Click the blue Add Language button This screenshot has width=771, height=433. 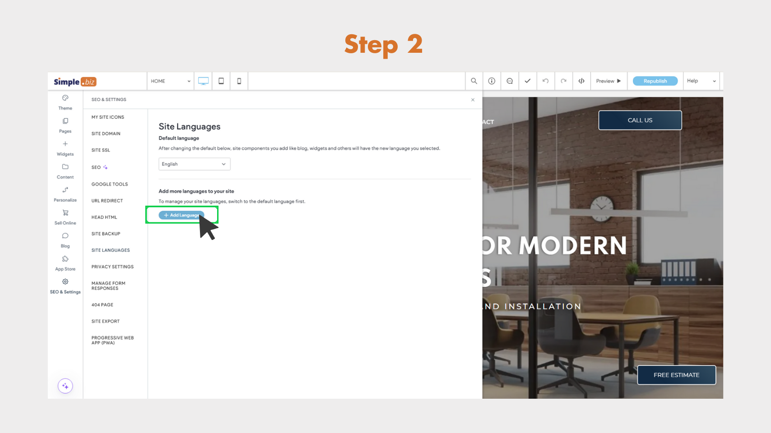tap(181, 215)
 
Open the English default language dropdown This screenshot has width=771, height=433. tap(194, 164)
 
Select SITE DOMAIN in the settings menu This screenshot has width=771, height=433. tap(106, 134)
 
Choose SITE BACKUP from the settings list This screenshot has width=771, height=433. tap(106, 234)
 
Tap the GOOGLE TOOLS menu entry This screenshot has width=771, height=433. tap(109, 184)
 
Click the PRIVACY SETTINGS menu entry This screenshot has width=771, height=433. tap(112, 267)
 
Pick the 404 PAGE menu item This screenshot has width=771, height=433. tap(102, 305)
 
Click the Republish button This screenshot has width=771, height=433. tap(655, 81)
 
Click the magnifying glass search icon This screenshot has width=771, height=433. tap(474, 81)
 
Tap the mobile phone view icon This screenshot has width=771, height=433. tap(239, 81)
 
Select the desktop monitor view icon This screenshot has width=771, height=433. tap(203, 81)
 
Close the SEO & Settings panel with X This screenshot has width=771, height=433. tap(473, 100)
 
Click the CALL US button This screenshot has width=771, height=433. tap(640, 120)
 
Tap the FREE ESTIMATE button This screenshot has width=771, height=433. tap(676, 375)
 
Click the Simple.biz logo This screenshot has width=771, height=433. tap(75, 82)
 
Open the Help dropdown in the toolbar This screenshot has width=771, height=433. tap(701, 81)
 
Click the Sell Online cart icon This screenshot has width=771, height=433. tap(65, 213)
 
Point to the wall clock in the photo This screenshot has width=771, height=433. tap(602, 207)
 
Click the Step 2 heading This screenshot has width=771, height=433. tap(383, 45)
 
